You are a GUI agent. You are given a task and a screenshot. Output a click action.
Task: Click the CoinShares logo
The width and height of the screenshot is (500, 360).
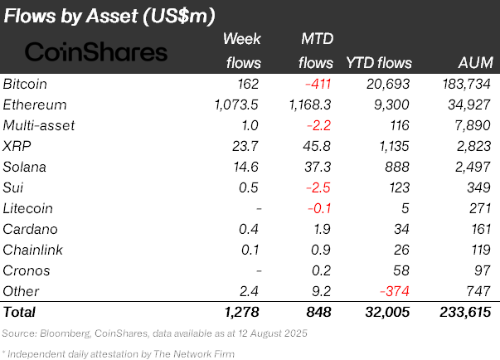click(96, 52)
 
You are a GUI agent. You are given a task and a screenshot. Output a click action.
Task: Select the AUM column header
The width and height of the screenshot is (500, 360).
click(475, 63)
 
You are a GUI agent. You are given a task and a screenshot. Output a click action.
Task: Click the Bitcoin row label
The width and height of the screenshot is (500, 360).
click(25, 85)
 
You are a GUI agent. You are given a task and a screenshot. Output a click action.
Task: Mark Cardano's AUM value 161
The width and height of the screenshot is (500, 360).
click(480, 229)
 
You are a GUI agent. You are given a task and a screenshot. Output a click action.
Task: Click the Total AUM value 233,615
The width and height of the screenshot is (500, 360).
click(467, 313)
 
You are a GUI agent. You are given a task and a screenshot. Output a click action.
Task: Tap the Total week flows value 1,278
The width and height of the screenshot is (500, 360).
click(243, 313)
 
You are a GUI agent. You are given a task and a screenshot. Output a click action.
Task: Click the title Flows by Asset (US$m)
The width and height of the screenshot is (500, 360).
click(109, 16)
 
